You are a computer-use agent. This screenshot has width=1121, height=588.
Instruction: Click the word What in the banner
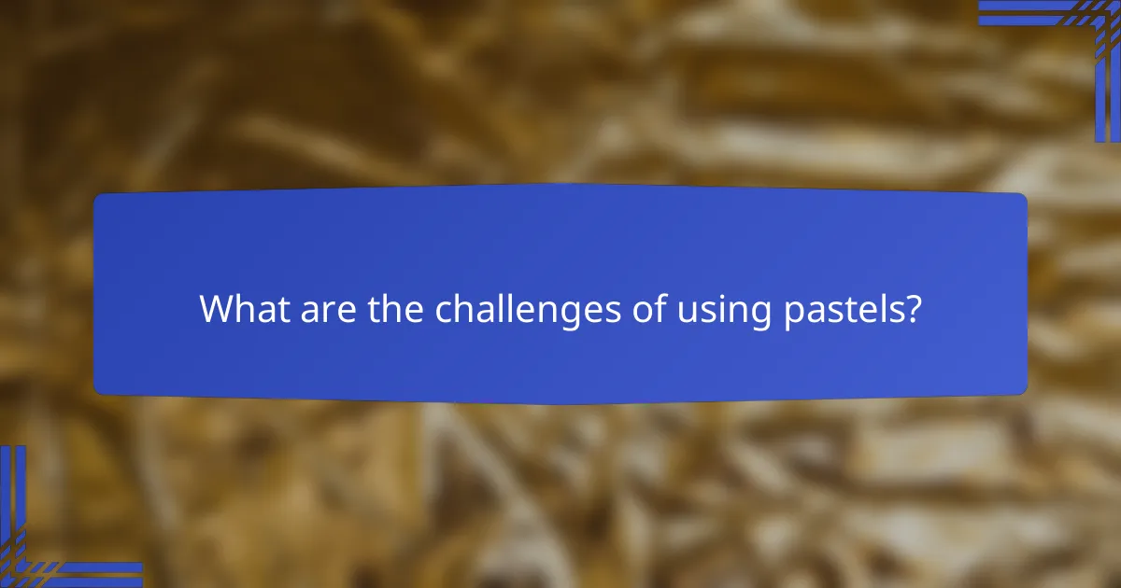[x=239, y=309]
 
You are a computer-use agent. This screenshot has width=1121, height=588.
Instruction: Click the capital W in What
[x=217, y=309]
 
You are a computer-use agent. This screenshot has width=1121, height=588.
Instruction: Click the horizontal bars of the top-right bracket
[x=1028, y=12]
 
